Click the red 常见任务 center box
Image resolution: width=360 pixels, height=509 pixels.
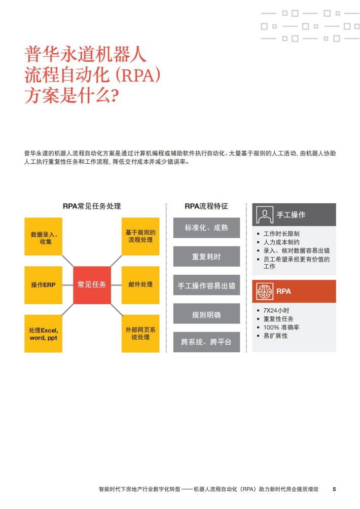(92, 285)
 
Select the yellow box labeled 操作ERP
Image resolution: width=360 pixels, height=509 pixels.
(43, 285)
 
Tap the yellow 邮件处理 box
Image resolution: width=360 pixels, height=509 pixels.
(140, 285)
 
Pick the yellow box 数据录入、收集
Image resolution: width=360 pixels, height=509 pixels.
(43, 237)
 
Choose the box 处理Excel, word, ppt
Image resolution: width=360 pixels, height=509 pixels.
(43, 334)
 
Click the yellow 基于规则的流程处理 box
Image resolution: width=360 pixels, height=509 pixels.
(140, 237)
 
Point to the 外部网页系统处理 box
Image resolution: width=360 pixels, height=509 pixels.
(140, 334)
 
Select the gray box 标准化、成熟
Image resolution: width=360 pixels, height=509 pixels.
(206, 228)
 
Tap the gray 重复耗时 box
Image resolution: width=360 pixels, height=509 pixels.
(206, 257)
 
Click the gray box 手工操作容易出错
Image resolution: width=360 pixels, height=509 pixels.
(206, 285)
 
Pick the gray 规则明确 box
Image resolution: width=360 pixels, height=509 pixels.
(206, 314)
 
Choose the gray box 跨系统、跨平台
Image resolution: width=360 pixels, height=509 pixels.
(206, 342)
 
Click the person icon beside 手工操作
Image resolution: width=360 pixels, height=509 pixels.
(264, 215)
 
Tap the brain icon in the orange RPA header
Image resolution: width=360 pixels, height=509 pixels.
(264, 291)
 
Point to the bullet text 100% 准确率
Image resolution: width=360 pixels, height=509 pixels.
(281, 327)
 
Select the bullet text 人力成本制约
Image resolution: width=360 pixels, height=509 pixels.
(281, 242)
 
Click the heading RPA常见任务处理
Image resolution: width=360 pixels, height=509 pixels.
(92, 206)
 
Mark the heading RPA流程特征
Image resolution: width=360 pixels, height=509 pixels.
(206, 206)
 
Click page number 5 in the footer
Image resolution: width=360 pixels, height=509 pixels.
(334, 489)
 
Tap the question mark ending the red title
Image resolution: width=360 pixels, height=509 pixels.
(115, 96)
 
